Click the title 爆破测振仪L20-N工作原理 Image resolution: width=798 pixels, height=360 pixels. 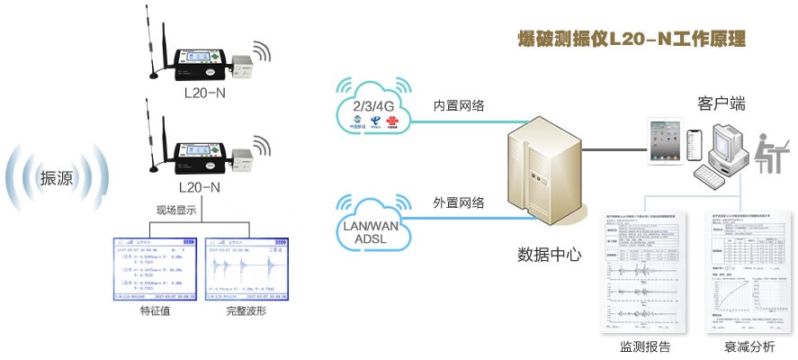coord(632,40)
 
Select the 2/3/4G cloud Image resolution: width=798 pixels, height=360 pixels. coord(371,107)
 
